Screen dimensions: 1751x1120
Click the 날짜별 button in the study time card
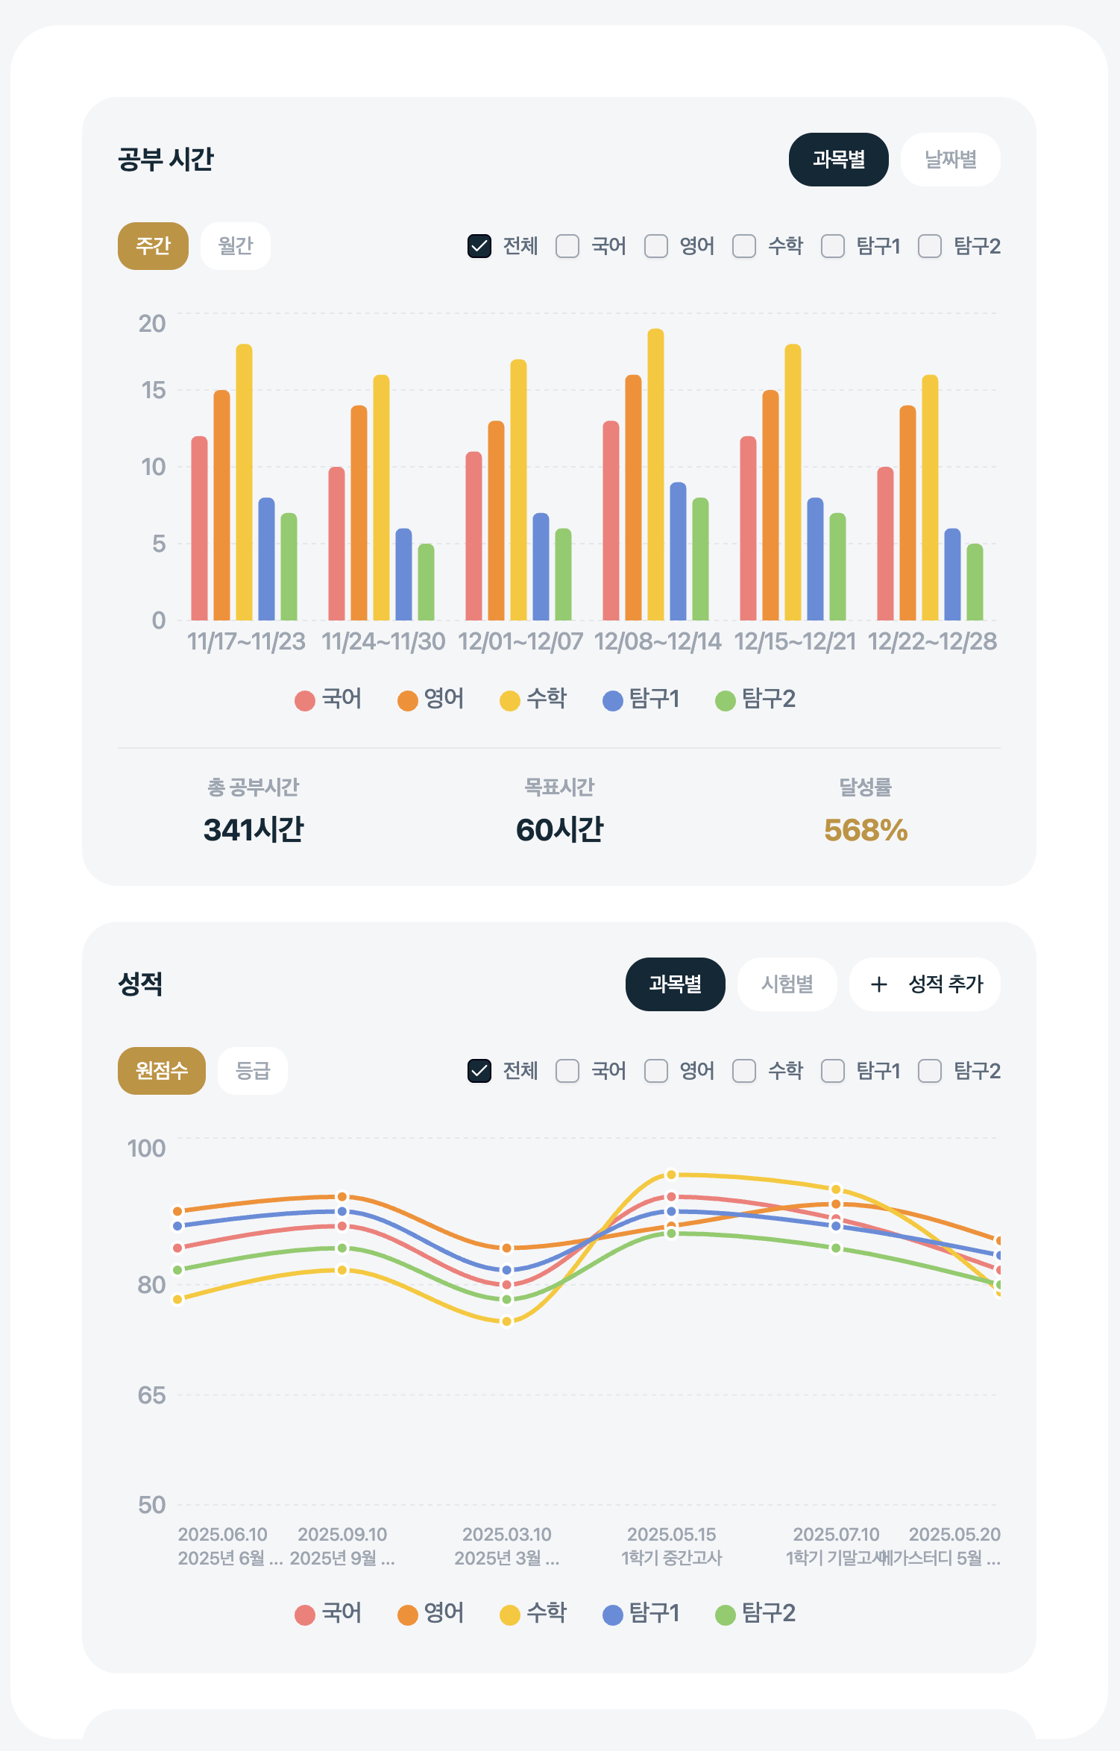pyautogui.click(x=950, y=160)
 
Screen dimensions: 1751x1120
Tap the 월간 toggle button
pyautogui.click(x=236, y=246)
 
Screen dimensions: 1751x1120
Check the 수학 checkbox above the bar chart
pyautogui.click(x=744, y=246)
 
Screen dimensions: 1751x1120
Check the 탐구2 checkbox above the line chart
pyautogui.click(x=930, y=1071)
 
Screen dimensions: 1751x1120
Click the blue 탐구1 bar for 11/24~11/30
pyautogui.click(x=403, y=574)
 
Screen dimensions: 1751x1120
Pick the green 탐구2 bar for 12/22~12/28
pyautogui.click(x=975, y=582)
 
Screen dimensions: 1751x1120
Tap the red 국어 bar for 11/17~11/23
pyautogui.click(x=199, y=529)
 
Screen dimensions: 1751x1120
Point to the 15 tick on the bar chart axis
pyautogui.click(x=153, y=390)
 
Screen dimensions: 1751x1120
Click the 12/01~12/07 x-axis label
pyautogui.click(x=520, y=641)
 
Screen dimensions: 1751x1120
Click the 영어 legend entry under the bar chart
pyautogui.click(x=430, y=700)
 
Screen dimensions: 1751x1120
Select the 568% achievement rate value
pyautogui.click(x=865, y=830)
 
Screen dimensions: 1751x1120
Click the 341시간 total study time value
pyautogui.click(x=254, y=830)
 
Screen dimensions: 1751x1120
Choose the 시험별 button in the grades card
pyautogui.click(x=787, y=984)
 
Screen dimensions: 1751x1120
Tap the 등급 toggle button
pyautogui.click(x=252, y=1071)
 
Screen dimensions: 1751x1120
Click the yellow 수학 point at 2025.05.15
pyautogui.click(x=671, y=1175)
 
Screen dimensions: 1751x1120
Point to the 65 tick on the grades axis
pyautogui.click(x=151, y=1395)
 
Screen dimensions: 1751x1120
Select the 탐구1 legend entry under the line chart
pyautogui.click(x=641, y=1614)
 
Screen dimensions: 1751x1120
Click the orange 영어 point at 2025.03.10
pyautogui.click(x=506, y=1248)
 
